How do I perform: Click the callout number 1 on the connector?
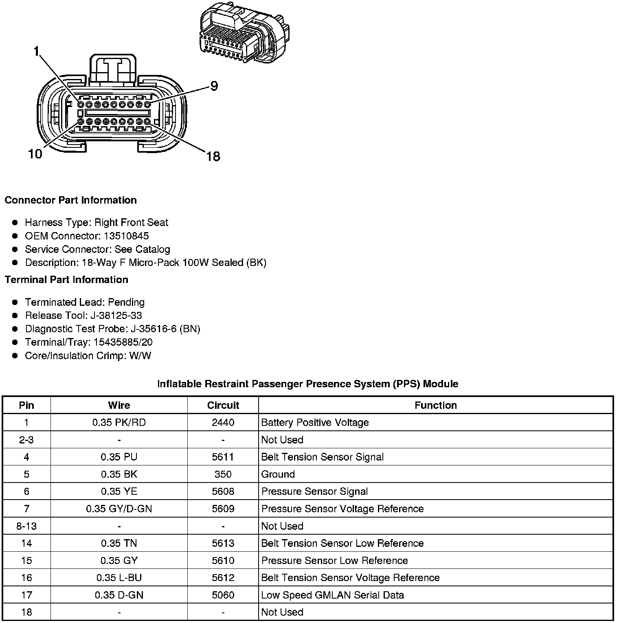(36, 51)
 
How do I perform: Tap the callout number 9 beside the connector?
(214, 86)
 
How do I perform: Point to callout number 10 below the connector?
(35, 154)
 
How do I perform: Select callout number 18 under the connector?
(213, 156)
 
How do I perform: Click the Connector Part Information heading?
(70, 200)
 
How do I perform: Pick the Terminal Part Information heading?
(66, 279)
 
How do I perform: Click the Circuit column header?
(223, 405)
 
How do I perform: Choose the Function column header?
(435, 405)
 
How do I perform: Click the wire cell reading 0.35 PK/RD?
(119, 422)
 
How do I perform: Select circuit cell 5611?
(223, 457)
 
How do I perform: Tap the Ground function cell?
(278, 474)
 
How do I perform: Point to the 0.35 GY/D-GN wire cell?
(119, 509)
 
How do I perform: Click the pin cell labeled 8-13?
(26, 526)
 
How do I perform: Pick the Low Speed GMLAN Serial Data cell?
(332, 595)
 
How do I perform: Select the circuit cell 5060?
(223, 595)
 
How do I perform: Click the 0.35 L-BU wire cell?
(119, 577)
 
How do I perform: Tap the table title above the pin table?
(307, 384)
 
